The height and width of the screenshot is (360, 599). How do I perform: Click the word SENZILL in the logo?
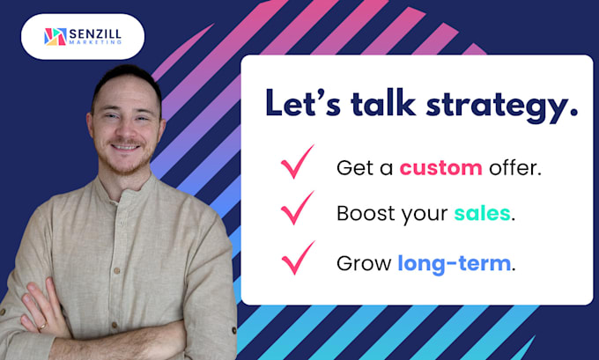point(95,34)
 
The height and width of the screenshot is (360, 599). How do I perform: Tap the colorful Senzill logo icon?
point(55,37)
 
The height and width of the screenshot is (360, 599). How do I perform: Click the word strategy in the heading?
point(502,105)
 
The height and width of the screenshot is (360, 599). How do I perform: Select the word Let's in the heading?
point(303,102)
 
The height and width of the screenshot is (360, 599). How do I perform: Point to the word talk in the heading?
point(383,102)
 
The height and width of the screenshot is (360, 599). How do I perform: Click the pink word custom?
point(440,167)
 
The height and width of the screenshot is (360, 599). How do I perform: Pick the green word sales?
point(482,213)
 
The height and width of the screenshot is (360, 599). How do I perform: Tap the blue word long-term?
point(455,263)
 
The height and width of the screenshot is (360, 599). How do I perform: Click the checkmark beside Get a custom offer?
point(298,162)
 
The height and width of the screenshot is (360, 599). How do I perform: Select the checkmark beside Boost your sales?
point(298,208)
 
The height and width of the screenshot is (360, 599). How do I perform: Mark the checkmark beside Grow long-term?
point(299,258)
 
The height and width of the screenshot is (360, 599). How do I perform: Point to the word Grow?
point(364,263)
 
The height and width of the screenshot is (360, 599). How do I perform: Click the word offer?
point(515,167)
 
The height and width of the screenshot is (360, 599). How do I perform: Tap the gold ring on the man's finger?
point(42,326)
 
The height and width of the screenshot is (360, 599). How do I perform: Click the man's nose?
point(125,128)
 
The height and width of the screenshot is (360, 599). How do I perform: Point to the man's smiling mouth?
point(126,147)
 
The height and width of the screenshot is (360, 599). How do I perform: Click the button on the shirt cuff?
point(233,330)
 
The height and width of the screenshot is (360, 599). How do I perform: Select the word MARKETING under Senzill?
point(95,42)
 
